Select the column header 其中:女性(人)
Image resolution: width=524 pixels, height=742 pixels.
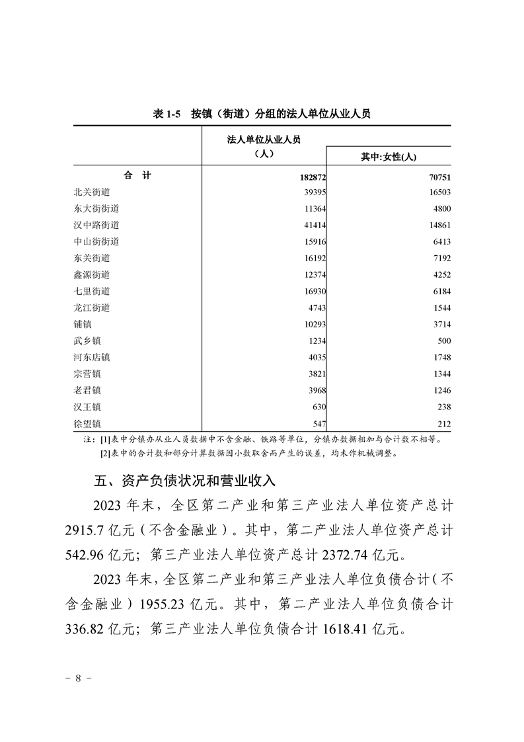[x=388, y=157]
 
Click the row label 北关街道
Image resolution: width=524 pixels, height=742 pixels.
[x=92, y=192]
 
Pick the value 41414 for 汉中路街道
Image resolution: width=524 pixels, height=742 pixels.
[x=313, y=226]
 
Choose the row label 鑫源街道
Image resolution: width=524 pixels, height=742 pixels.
[x=92, y=274]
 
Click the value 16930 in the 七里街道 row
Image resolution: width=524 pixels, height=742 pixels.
[x=313, y=292]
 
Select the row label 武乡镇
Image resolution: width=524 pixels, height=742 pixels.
[x=87, y=341]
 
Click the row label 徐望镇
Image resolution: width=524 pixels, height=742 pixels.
[x=87, y=423]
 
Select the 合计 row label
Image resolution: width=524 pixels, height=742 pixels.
[x=137, y=176]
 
